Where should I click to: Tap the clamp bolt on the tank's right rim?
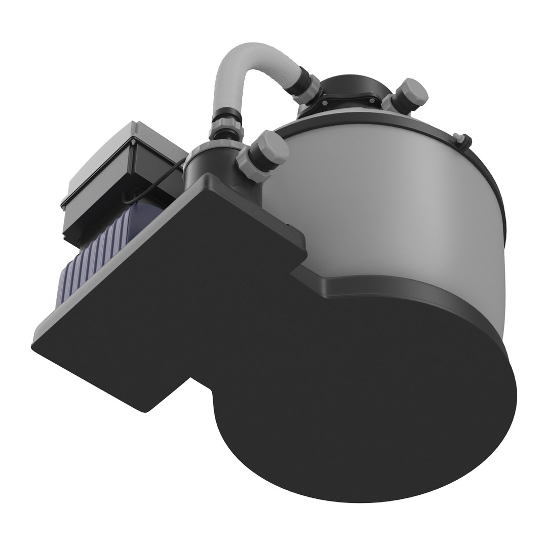[x=460, y=138]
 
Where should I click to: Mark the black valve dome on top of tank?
[x=349, y=89]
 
